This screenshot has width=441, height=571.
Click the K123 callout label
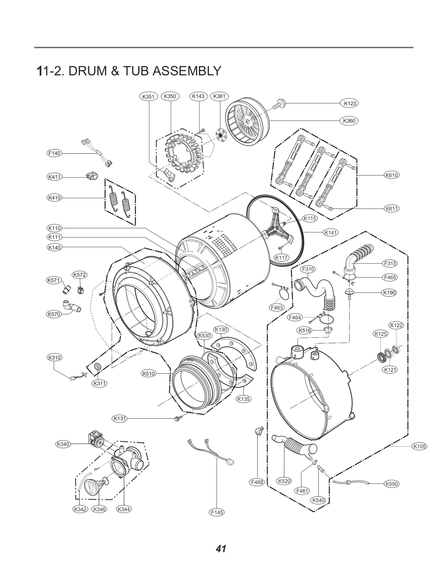350,104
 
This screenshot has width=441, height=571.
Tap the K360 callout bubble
349,121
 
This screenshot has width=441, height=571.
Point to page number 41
221,548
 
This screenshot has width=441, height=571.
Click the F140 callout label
54,153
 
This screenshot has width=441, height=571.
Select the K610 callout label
391,175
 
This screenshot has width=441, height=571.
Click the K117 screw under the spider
281,248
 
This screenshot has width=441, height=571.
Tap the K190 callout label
389,293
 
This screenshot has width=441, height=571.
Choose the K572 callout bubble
79,274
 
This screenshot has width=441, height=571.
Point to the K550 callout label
391,484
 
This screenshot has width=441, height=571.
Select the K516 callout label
305,330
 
